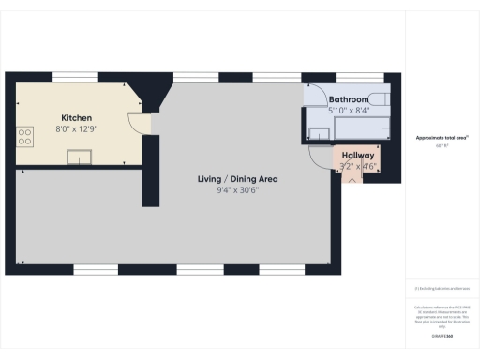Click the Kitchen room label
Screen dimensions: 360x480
click(76, 118)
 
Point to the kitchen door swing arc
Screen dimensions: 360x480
click(137, 123)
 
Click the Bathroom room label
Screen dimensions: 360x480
click(348, 98)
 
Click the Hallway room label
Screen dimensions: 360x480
click(358, 156)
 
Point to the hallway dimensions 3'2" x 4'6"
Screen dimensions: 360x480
click(358, 166)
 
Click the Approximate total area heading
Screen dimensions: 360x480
click(442, 138)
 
